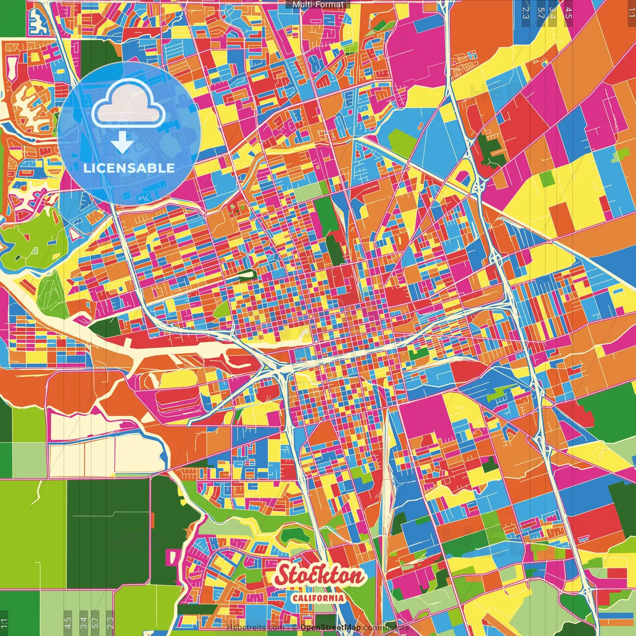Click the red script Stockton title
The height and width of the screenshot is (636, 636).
(x=319, y=575)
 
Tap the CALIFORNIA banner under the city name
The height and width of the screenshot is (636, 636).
(x=318, y=598)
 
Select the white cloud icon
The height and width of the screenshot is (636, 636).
(x=128, y=103)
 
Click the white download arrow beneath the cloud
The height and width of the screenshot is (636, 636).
(x=122, y=143)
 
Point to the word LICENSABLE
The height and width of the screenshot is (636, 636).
(x=129, y=168)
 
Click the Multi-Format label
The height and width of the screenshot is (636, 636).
(x=318, y=4)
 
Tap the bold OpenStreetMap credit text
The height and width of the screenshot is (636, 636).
(x=330, y=628)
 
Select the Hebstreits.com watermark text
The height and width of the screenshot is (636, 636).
(x=255, y=628)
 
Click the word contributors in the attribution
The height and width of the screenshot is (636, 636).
(x=386, y=628)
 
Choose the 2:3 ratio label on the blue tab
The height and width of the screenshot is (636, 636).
(x=526, y=12)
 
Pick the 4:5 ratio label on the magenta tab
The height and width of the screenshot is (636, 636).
(x=568, y=12)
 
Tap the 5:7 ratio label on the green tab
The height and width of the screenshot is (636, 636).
(x=541, y=12)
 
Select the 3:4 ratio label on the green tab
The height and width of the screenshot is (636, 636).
(x=553, y=12)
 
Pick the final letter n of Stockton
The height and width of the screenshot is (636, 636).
(x=357, y=576)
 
